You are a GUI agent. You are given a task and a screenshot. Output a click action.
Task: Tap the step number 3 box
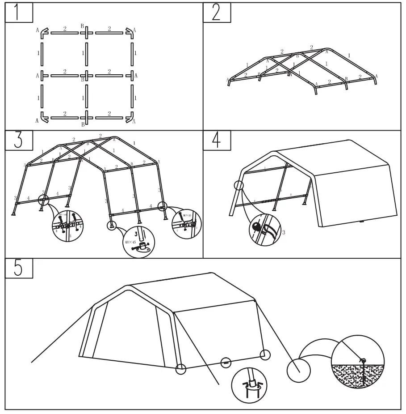pos(19,140)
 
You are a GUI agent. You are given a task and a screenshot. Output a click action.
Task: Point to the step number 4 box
pos(217,140)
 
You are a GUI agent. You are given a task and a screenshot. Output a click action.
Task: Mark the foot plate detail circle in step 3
pos(138,242)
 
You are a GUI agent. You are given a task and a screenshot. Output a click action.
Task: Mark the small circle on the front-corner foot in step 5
pos(181,369)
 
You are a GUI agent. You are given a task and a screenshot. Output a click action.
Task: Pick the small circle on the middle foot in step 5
pos(226,361)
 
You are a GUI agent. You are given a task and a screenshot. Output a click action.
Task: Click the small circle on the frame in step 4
pos(239,185)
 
